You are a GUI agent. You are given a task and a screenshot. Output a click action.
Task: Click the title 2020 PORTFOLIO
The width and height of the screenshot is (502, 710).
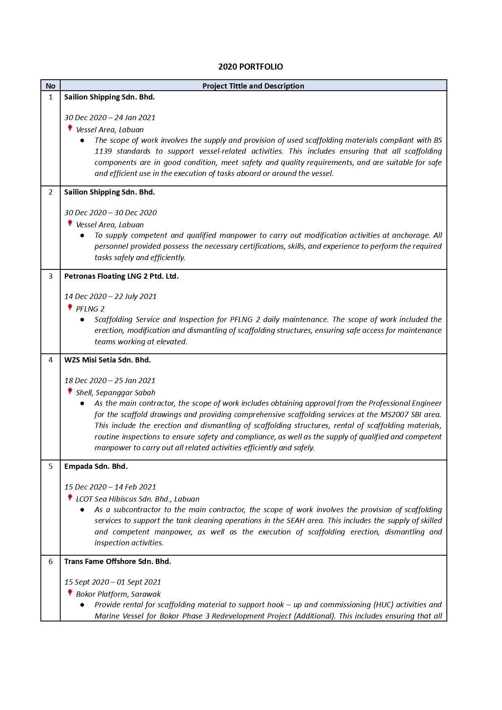251,67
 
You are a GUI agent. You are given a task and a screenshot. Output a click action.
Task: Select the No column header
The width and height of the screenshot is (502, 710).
51,86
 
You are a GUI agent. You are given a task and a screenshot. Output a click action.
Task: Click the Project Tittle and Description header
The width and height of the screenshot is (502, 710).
253,86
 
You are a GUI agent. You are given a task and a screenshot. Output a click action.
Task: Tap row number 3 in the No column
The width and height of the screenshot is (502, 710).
51,276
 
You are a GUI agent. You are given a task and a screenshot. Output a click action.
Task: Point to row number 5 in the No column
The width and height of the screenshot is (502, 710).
51,466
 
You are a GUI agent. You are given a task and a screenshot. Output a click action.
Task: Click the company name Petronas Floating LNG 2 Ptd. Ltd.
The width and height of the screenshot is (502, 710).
121,276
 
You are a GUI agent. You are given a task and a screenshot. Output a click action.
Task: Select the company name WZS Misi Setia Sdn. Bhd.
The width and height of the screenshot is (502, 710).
108,360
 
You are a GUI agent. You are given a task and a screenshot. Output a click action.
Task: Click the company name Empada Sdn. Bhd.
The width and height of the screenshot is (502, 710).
96,466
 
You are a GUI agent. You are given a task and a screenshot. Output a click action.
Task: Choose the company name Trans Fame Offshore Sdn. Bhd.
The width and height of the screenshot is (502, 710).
118,562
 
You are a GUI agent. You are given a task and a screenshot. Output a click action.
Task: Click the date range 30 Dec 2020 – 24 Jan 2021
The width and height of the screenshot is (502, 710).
110,118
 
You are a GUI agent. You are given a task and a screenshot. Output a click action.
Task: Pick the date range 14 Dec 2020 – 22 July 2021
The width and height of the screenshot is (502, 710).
110,297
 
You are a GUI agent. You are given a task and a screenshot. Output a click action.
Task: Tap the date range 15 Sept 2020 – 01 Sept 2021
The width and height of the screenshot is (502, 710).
113,582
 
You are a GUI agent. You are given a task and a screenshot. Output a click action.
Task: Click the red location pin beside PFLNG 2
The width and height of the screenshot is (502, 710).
70,307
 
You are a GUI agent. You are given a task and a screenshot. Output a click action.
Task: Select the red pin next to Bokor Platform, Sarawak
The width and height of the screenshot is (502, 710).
70,593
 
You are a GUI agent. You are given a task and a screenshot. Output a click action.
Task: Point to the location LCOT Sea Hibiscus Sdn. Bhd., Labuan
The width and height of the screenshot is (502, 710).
138,499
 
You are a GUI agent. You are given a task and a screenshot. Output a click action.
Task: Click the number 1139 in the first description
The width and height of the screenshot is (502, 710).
103,151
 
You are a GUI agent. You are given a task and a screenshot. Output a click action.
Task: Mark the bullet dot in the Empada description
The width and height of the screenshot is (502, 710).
82,510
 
